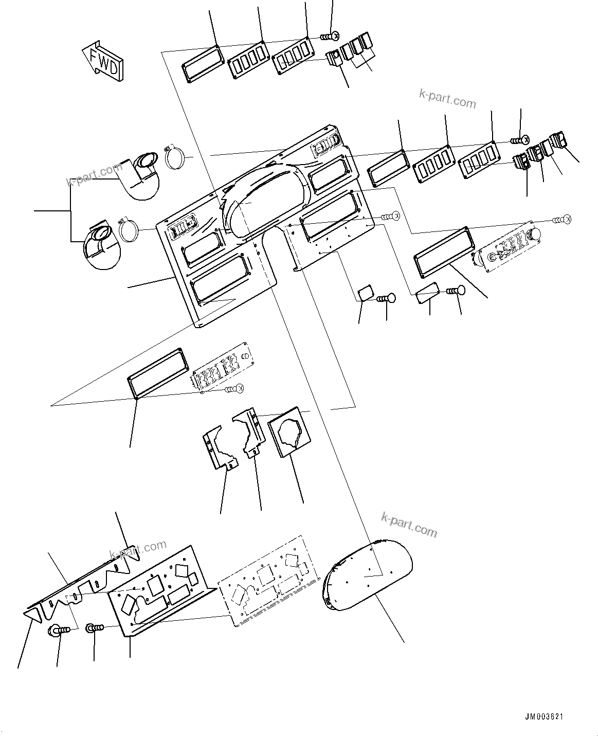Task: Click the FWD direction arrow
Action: click(x=103, y=61)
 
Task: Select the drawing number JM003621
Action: click(x=546, y=716)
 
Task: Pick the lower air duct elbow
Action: click(x=101, y=244)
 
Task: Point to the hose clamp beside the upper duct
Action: click(x=174, y=157)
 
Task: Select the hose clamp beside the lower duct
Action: click(x=130, y=229)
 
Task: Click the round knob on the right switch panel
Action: click(x=535, y=235)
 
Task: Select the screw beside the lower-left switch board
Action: click(x=235, y=389)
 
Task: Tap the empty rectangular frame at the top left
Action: click(x=202, y=64)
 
